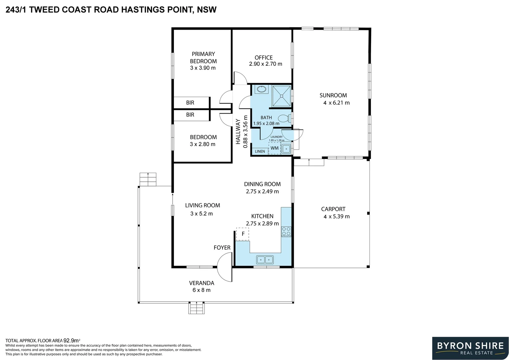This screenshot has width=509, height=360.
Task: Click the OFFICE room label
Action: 263,58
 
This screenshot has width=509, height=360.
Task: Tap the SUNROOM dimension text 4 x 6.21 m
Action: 336,103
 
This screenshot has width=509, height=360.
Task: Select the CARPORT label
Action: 333,209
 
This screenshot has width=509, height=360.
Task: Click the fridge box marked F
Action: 243,234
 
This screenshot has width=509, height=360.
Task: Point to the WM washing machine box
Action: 274,148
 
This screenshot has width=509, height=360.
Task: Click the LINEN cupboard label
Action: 260,151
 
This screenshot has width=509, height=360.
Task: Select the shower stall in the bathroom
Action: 281,96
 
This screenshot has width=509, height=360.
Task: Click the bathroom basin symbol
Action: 261,89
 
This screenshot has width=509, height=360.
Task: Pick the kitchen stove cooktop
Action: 286,232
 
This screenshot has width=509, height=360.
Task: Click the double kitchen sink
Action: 265,259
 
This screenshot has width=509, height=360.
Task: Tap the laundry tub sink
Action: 286,149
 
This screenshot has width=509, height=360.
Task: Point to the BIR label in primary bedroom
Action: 190,103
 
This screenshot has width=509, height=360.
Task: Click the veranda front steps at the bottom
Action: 196,308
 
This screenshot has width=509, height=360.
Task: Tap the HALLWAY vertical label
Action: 238,132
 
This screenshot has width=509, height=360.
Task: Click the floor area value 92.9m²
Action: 72,340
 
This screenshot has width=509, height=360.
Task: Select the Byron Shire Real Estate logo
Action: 470,348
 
